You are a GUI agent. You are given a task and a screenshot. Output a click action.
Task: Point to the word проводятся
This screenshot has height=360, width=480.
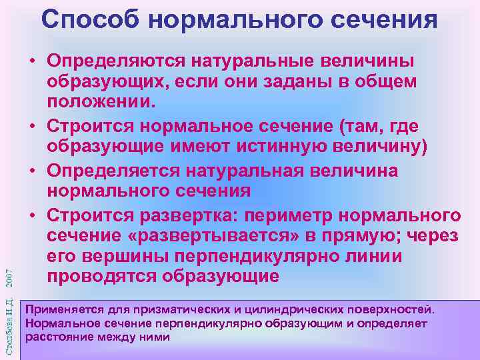102,275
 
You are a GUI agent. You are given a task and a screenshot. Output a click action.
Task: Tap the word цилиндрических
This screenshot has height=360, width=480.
283,310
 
